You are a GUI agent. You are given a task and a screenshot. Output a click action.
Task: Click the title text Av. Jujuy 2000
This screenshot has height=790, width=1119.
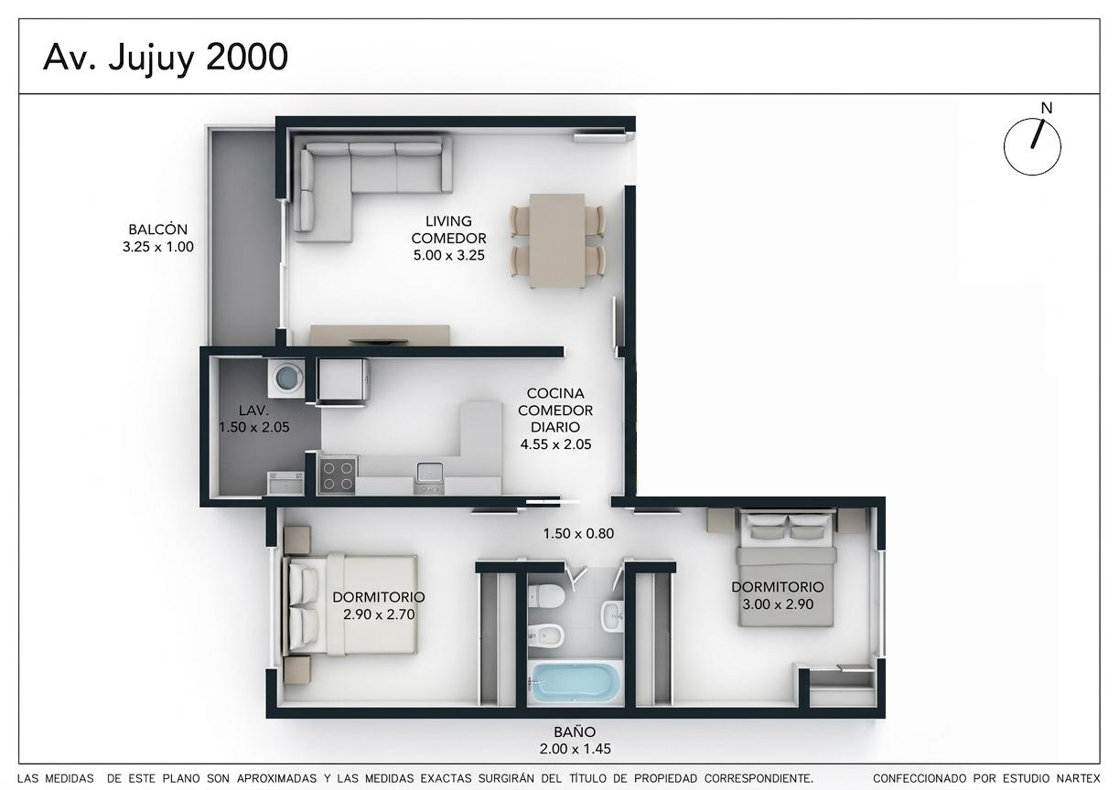pyautogui.click(x=166, y=59)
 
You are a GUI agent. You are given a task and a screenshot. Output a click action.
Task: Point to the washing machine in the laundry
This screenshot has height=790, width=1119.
pyautogui.click(x=285, y=377)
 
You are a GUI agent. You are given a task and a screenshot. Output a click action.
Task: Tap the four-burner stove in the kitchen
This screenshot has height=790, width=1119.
pyautogui.click(x=338, y=475)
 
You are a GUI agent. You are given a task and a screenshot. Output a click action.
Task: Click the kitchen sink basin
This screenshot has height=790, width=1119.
pyautogui.click(x=429, y=473)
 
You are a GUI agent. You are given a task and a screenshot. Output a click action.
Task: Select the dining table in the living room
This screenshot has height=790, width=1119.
pyautogui.click(x=557, y=240)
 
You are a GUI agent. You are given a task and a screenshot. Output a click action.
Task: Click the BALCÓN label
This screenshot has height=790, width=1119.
pyautogui.click(x=158, y=230)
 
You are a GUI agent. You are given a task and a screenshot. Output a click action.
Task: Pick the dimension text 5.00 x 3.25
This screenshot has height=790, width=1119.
pyautogui.click(x=448, y=256)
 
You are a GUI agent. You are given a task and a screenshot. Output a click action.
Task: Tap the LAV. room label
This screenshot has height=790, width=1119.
pyautogui.click(x=253, y=411)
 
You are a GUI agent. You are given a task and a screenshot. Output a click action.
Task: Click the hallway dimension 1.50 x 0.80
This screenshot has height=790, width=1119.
pyautogui.click(x=578, y=534)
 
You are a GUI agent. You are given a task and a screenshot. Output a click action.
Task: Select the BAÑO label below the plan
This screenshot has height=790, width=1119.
pyautogui.click(x=575, y=732)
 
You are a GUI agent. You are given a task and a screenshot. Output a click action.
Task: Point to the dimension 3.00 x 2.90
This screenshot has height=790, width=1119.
pyautogui.click(x=778, y=604)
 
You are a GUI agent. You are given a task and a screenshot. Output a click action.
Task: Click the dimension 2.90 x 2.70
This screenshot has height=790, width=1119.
pyautogui.click(x=379, y=614)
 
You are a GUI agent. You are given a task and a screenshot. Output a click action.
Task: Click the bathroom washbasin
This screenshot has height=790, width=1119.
pyautogui.click(x=612, y=616)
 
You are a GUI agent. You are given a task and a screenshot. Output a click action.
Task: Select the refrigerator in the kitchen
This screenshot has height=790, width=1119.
pyautogui.click(x=344, y=379)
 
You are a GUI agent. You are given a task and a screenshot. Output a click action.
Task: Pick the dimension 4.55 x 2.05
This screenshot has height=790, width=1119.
pyautogui.click(x=555, y=444)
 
